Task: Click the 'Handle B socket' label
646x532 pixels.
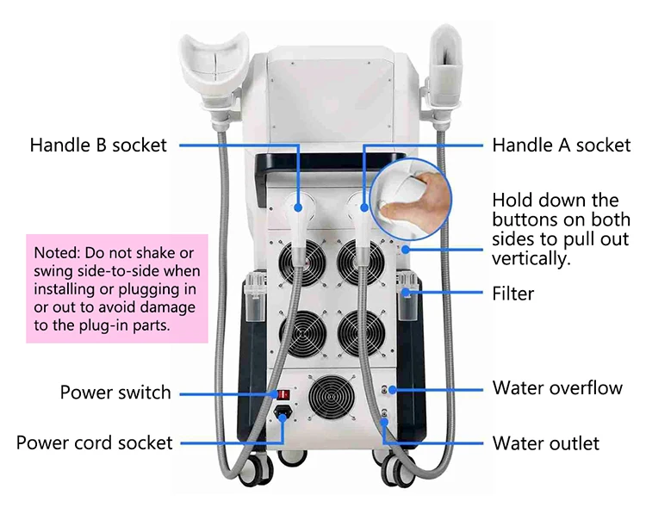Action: pos(98,144)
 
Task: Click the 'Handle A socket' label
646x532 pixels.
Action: pos(561,145)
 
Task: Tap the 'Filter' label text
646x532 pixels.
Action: pos(512,294)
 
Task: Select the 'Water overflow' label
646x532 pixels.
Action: pos(557,387)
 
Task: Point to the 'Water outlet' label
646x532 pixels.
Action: pos(545,443)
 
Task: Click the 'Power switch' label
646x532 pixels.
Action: pos(115,393)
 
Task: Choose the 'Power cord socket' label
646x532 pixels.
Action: pos(95,442)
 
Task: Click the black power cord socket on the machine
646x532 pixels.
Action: pos(283,414)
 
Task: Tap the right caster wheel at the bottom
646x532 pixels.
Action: pos(397,467)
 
